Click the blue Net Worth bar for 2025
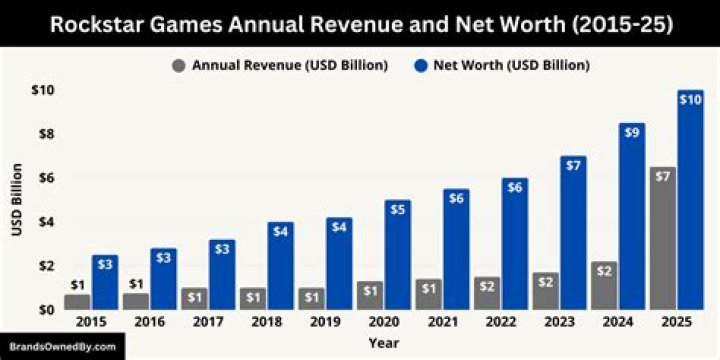pos(690,205)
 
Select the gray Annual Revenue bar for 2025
pos(662,240)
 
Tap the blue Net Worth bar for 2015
pos(105,285)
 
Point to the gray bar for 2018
pos(252,300)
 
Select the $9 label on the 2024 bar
pos(632,132)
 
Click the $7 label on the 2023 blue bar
pos(573,164)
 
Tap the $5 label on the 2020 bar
pos(397,208)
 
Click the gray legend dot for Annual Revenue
pos(178,66)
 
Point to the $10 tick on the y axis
pos(42,90)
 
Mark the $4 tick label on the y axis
pos(45,222)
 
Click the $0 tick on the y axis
pos(45,309)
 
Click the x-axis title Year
pos(383,343)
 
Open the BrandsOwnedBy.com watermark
pos(63,348)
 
